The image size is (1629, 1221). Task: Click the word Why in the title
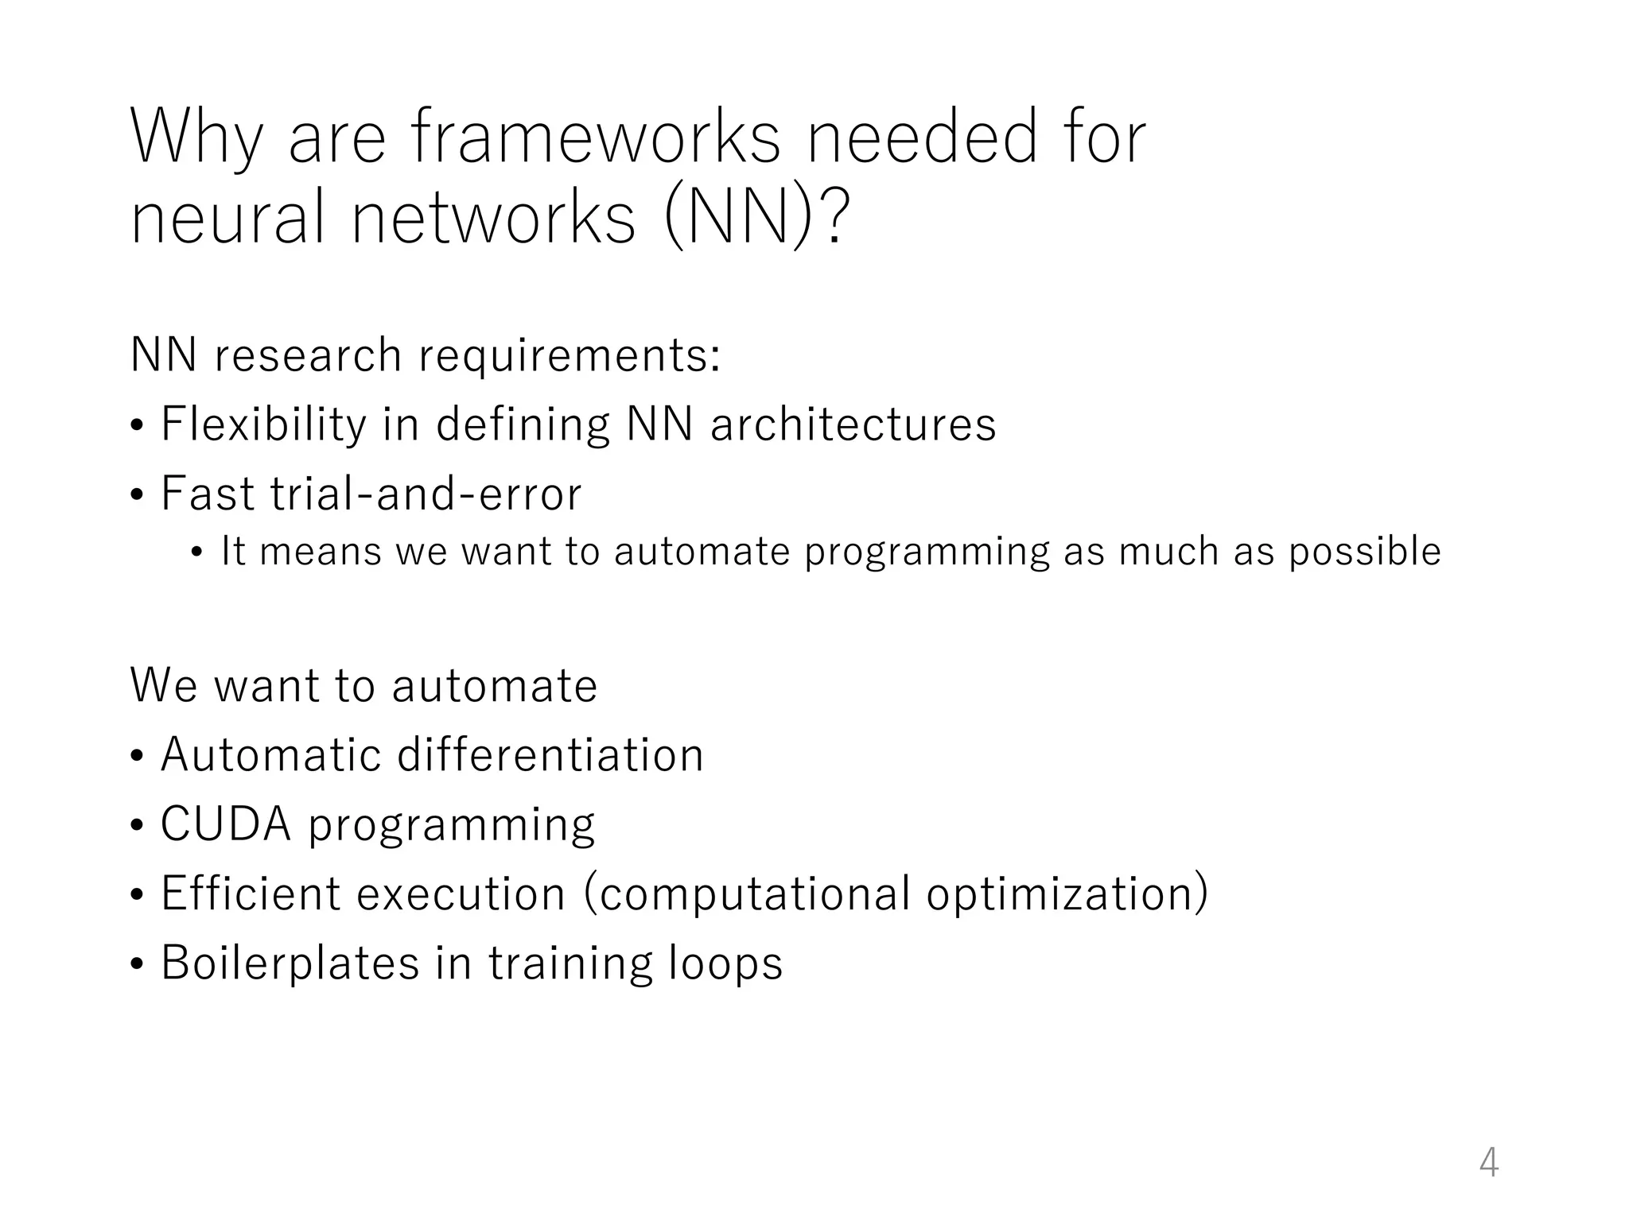pos(196,138)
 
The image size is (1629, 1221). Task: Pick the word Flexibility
pos(263,424)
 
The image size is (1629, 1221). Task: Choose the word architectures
pos(853,424)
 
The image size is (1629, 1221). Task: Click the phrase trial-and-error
pos(426,494)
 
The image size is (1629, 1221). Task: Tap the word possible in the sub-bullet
pos(1364,552)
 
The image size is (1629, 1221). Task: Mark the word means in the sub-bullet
pos(321,552)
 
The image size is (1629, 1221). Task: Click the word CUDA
pos(226,824)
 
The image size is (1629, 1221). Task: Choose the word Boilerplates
pos(290,963)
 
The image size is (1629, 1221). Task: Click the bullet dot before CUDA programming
pos(138,827)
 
